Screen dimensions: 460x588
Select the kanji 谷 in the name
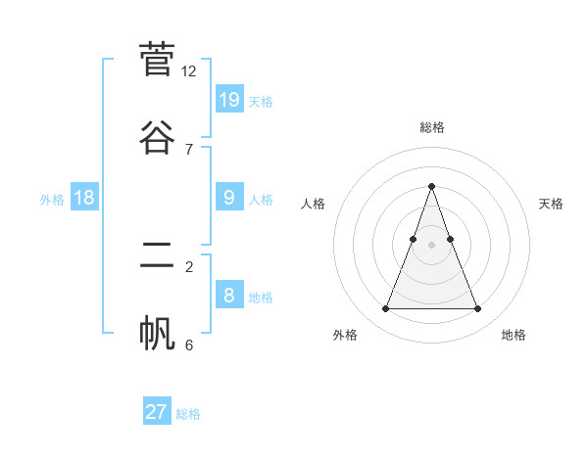pyautogui.click(x=157, y=135)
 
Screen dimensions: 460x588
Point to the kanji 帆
pyautogui.click(x=157, y=332)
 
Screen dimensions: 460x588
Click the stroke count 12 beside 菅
pyautogui.click(x=189, y=71)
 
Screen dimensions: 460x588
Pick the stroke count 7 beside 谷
pyautogui.click(x=189, y=149)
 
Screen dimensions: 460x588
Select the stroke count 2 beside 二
pyautogui.click(x=189, y=266)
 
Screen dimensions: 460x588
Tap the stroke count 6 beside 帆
pyautogui.click(x=189, y=345)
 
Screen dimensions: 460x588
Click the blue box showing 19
pyautogui.click(x=229, y=99)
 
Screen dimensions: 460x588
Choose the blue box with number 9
pyautogui.click(x=229, y=198)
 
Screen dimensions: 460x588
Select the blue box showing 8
pyautogui.click(x=229, y=295)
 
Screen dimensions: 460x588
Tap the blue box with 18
pyautogui.click(x=84, y=198)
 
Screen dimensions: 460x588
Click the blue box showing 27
pyautogui.click(x=157, y=412)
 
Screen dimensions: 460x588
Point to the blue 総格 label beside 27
pyautogui.click(x=188, y=414)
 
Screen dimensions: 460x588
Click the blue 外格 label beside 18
pyautogui.click(x=52, y=200)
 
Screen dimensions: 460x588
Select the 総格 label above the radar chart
pyautogui.click(x=431, y=127)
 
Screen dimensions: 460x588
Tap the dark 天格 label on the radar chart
pyautogui.click(x=551, y=204)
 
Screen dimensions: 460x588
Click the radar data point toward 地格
pyautogui.click(x=477, y=309)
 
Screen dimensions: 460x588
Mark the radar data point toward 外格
pyautogui.click(x=385, y=309)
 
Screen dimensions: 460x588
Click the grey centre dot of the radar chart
pyautogui.click(x=431, y=245)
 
